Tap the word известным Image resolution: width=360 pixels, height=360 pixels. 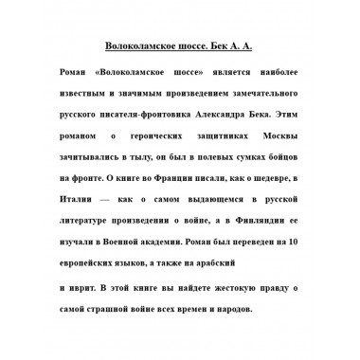click(x=83, y=97)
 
